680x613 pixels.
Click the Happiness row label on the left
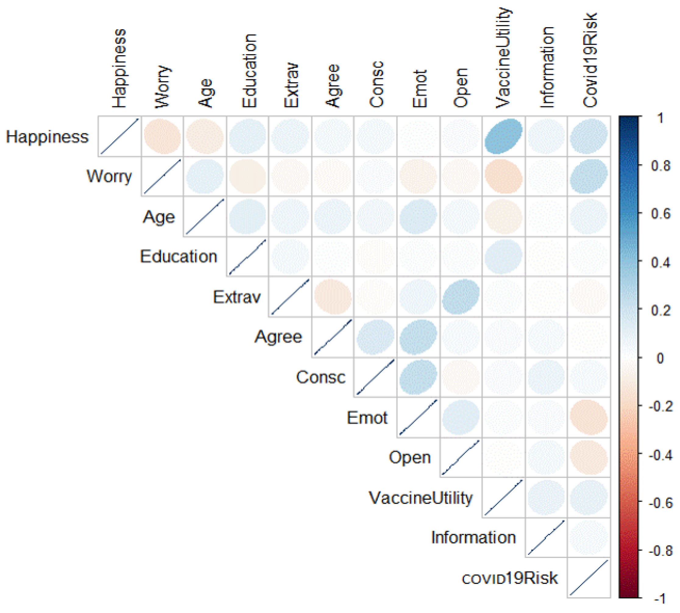[x=47, y=137]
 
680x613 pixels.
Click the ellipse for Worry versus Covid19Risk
[x=588, y=176]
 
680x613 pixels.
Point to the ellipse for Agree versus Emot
[x=418, y=337]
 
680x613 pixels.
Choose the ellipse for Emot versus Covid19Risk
[x=588, y=417]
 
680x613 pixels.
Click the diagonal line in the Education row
[x=247, y=257]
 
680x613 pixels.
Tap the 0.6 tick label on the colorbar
[x=660, y=214]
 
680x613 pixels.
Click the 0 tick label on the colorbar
[x=660, y=358]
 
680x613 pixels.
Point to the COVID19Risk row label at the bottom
[x=509, y=578]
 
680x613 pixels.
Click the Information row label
[x=473, y=537]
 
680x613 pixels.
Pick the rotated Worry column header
[x=162, y=87]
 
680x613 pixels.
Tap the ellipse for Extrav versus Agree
[x=333, y=297]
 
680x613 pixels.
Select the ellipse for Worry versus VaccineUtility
[x=503, y=176]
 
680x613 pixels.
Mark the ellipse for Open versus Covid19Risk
[x=588, y=458]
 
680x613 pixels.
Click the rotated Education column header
[x=250, y=71]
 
